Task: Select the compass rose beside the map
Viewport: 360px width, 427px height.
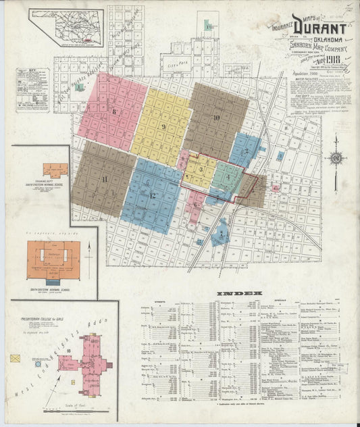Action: [336, 159]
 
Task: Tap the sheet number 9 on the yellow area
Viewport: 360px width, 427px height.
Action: [163, 126]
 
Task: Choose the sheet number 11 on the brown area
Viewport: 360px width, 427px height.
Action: [104, 178]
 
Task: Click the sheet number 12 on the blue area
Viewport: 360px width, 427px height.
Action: [153, 195]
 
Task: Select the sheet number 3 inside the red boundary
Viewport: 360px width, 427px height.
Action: [201, 169]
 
